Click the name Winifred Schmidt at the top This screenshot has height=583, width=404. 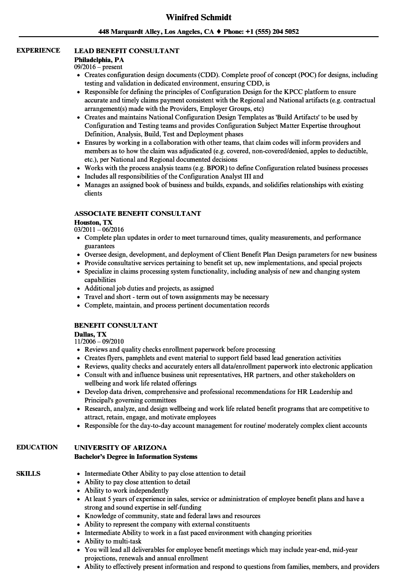coord(199,17)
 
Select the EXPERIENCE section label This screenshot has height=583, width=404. coord(38,50)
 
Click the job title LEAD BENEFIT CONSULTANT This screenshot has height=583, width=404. coord(127,50)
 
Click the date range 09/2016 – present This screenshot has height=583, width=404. coord(98,67)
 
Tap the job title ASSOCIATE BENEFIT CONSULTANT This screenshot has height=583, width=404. coord(138,213)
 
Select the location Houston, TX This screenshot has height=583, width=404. coord(93,222)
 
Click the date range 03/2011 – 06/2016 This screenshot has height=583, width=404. coord(99,230)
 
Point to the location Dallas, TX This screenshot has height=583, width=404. coord(91,334)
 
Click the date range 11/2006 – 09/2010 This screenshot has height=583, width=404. coord(99,342)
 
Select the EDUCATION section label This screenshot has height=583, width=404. coord(37,447)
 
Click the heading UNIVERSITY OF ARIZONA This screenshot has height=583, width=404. coord(121,447)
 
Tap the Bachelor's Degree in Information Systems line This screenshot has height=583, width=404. coord(136,457)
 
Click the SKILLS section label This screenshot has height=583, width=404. coord(28,473)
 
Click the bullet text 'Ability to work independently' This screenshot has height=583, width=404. coord(126,490)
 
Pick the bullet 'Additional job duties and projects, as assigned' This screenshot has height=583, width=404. coord(149,288)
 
